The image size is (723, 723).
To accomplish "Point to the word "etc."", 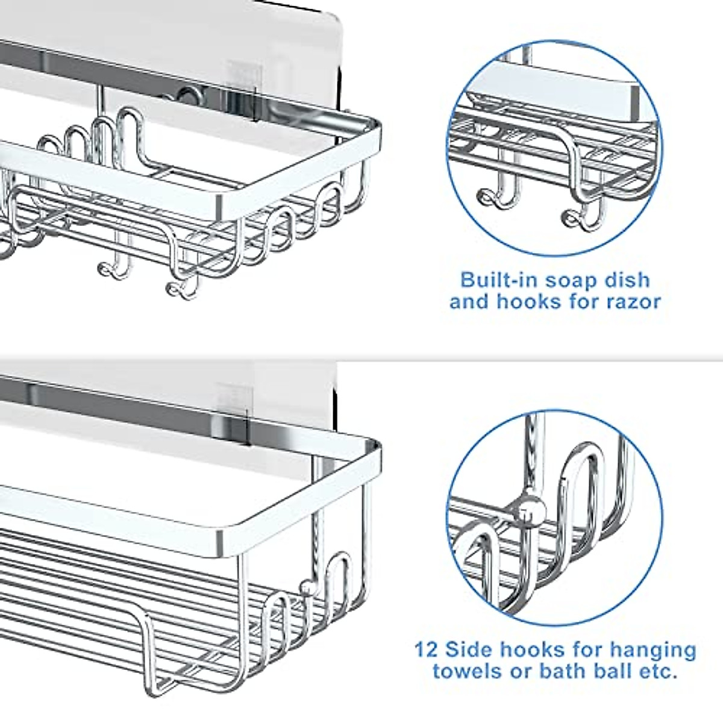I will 654,671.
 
